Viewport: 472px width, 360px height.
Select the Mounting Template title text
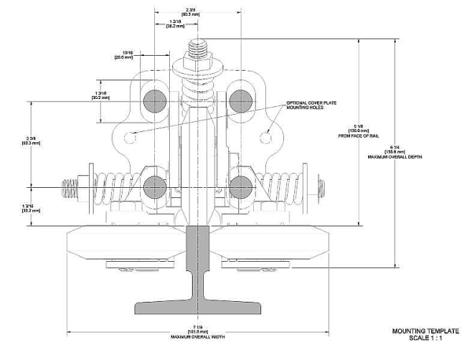point(425,331)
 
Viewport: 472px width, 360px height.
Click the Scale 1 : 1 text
point(425,338)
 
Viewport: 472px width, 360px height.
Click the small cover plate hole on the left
point(131,137)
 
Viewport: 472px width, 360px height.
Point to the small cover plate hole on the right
point(266,137)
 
